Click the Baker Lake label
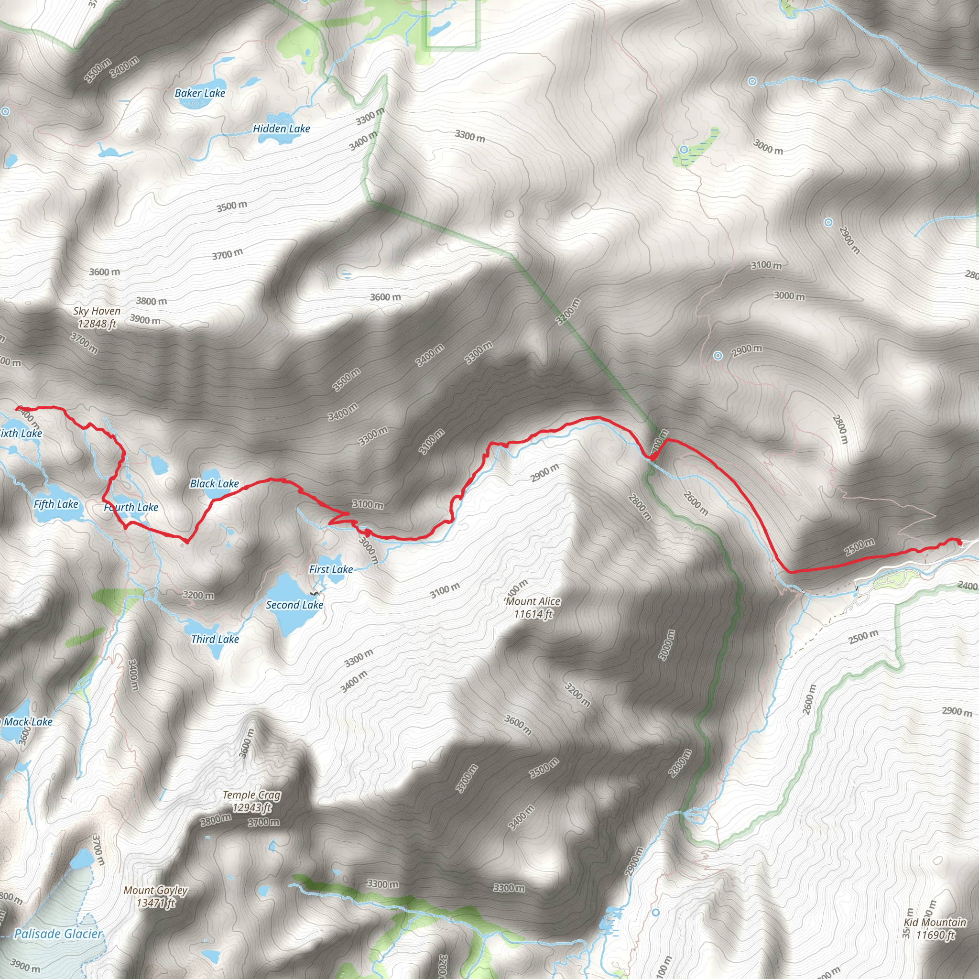click(200, 93)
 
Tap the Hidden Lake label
click(281, 129)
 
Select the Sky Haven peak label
click(97, 317)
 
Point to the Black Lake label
click(214, 483)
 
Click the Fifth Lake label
click(56, 504)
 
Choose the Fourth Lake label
click(131, 507)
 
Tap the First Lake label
click(331, 569)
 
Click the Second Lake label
click(294, 605)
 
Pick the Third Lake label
click(215, 640)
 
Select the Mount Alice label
click(533, 608)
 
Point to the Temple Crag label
click(252, 801)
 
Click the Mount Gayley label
click(155, 896)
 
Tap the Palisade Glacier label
click(58, 934)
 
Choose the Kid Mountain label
click(935, 928)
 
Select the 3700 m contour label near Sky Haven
click(84, 343)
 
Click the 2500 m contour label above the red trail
click(859, 547)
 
